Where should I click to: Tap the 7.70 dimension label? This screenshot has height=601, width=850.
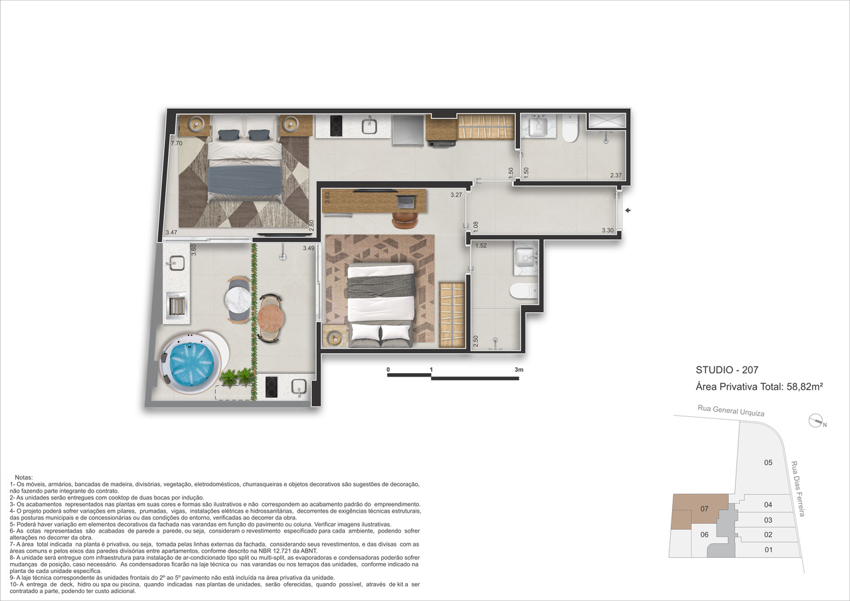[x=177, y=143]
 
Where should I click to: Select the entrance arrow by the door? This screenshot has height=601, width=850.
[x=628, y=211]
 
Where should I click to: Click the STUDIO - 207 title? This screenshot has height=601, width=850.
[x=726, y=370]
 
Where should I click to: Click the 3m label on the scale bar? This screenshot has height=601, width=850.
[x=519, y=369]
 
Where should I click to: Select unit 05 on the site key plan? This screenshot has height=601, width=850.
[x=768, y=462]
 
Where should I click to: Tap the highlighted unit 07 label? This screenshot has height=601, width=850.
[x=705, y=509]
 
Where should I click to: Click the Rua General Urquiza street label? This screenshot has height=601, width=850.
[x=731, y=410]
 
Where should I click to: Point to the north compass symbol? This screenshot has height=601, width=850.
[x=816, y=421]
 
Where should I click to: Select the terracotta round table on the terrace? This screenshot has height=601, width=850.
[x=270, y=319]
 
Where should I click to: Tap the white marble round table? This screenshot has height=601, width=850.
[x=238, y=301]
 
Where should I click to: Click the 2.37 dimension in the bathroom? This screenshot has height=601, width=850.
[x=616, y=175]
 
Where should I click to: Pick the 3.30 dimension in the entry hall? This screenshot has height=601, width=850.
[x=608, y=230]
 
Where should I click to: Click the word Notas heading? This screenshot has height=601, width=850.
[x=23, y=477]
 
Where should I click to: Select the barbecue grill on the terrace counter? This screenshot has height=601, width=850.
[x=177, y=305]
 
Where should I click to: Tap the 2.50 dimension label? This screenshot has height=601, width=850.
[x=476, y=341]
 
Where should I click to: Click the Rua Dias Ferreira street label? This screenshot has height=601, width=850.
[x=798, y=489]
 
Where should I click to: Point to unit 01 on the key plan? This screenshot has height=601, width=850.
[x=768, y=550]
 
